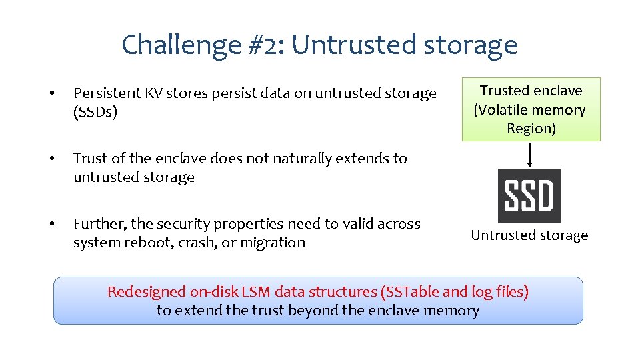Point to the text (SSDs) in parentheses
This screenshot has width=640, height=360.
click(x=95, y=112)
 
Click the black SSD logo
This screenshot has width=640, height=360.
click(x=529, y=196)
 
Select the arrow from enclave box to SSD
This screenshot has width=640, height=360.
click(x=529, y=154)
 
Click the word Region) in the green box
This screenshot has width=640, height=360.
click(x=531, y=129)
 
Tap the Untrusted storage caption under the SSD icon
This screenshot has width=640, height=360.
click(x=529, y=235)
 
